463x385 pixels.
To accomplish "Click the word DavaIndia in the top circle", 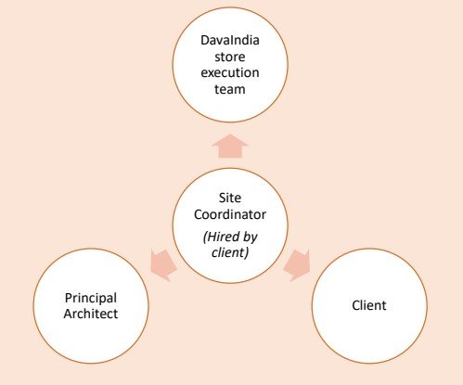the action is pyautogui.click(x=230, y=40).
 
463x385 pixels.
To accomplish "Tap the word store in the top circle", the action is pyautogui.click(x=230, y=57).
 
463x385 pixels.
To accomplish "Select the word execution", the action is pyautogui.click(x=230, y=73).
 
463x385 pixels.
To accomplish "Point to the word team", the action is pyautogui.click(x=230, y=89).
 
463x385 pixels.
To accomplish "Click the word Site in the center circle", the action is pyautogui.click(x=230, y=198).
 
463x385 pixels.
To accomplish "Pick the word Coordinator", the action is pyautogui.click(x=230, y=214).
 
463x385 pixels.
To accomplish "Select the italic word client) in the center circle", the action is pyautogui.click(x=230, y=252).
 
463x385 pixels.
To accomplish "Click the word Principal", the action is pyautogui.click(x=91, y=298).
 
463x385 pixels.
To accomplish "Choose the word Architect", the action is pyautogui.click(x=91, y=314).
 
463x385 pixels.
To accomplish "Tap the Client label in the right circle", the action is pyautogui.click(x=369, y=305).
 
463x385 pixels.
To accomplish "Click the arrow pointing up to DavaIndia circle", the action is pyautogui.click(x=230, y=147).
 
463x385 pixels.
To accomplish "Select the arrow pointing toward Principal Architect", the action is pyautogui.click(x=163, y=265).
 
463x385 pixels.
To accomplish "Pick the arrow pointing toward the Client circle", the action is pyautogui.click(x=297, y=265).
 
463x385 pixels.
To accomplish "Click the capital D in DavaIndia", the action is pyautogui.click(x=205, y=41).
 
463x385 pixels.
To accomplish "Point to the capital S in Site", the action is pyautogui.click(x=223, y=198).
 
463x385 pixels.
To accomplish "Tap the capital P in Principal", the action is pyautogui.click(x=69, y=298).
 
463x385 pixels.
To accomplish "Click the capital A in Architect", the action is pyautogui.click(x=68, y=314).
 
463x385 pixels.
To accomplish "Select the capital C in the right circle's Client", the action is pyautogui.click(x=356, y=305).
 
